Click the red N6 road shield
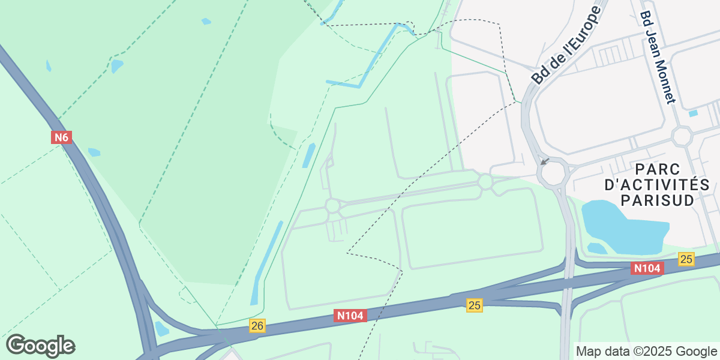(x=61, y=137)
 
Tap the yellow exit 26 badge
(x=257, y=325)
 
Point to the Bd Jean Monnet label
(x=658, y=57)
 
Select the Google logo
(x=40, y=346)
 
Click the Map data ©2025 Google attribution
(x=646, y=351)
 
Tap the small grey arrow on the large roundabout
(x=544, y=161)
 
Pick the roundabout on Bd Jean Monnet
(x=682, y=136)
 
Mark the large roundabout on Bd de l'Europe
(x=552, y=173)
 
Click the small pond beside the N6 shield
(x=94, y=152)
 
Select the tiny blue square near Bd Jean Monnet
(x=694, y=113)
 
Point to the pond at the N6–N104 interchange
(x=161, y=329)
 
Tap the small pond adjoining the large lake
(x=596, y=248)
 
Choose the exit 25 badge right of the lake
(x=686, y=259)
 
